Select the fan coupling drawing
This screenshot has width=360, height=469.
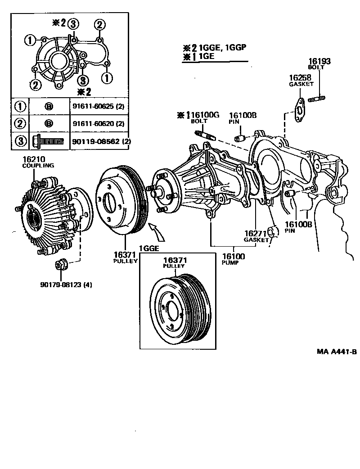[49, 216]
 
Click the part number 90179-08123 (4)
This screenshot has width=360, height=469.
[66, 284]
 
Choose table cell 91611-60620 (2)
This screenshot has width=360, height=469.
[98, 124]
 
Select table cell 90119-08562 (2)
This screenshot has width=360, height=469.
[98, 141]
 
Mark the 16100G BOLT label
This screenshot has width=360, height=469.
[200, 118]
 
